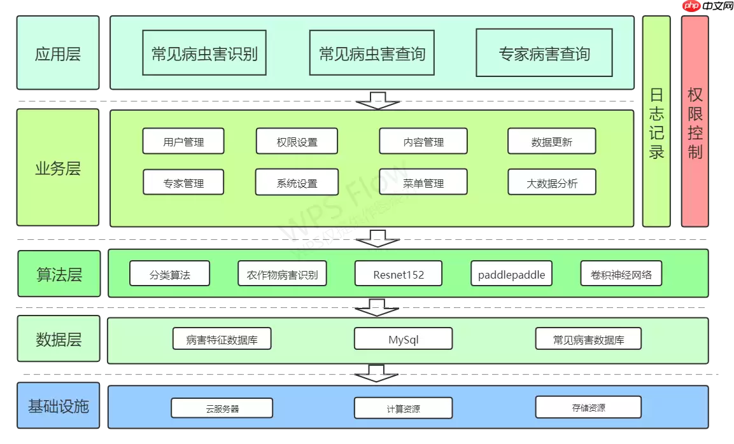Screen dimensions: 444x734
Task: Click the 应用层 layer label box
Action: pyautogui.click(x=58, y=53)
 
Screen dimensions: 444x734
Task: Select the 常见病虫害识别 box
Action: pyautogui.click(x=204, y=53)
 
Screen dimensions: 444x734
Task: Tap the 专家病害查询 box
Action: pyautogui.click(x=544, y=53)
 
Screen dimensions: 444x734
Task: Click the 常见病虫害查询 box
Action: pyautogui.click(x=372, y=53)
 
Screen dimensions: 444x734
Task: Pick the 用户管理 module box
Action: pyautogui.click(x=183, y=141)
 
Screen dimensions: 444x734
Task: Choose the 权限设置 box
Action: pyautogui.click(x=297, y=141)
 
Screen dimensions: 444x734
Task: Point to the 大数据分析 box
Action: pyautogui.click(x=551, y=183)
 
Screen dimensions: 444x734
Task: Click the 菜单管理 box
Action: pyautogui.click(x=423, y=183)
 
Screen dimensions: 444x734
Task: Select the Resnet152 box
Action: pyautogui.click(x=399, y=274)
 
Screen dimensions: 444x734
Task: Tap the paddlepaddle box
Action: pyautogui.click(x=511, y=274)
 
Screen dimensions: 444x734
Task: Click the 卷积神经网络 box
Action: pyautogui.click(x=621, y=274)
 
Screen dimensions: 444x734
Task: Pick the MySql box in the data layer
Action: pyautogui.click(x=403, y=339)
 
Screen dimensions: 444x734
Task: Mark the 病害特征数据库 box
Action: pyautogui.click(x=222, y=339)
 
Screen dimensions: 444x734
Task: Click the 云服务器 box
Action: pyautogui.click(x=222, y=408)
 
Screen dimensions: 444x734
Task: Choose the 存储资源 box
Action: pyautogui.click(x=588, y=407)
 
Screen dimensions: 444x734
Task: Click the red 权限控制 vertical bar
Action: pyautogui.click(x=695, y=121)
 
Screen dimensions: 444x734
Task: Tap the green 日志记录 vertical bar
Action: pyautogui.click(x=656, y=121)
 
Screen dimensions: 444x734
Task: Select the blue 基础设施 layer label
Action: pyautogui.click(x=58, y=406)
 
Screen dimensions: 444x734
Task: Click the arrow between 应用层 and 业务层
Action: pyautogui.click(x=378, y=101)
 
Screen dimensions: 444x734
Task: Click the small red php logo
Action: pyautogui.click(x=691, y=6)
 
